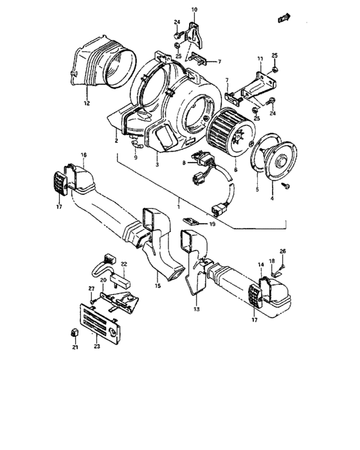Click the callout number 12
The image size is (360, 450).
pyautogui.click(x=85, y=104)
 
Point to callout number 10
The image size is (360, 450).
pyautogui.click(x=195, y=10)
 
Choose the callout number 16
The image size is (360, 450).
pyautogui.click(x=84, y=156)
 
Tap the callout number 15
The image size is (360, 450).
pyautogui.click(x=157, y=285)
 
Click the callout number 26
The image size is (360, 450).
pyautogui.click(x=282, y=250)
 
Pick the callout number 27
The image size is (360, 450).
pyautogui.click(x=91, y=289)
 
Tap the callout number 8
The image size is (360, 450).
pyautogui.click(x=184, y=163)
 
